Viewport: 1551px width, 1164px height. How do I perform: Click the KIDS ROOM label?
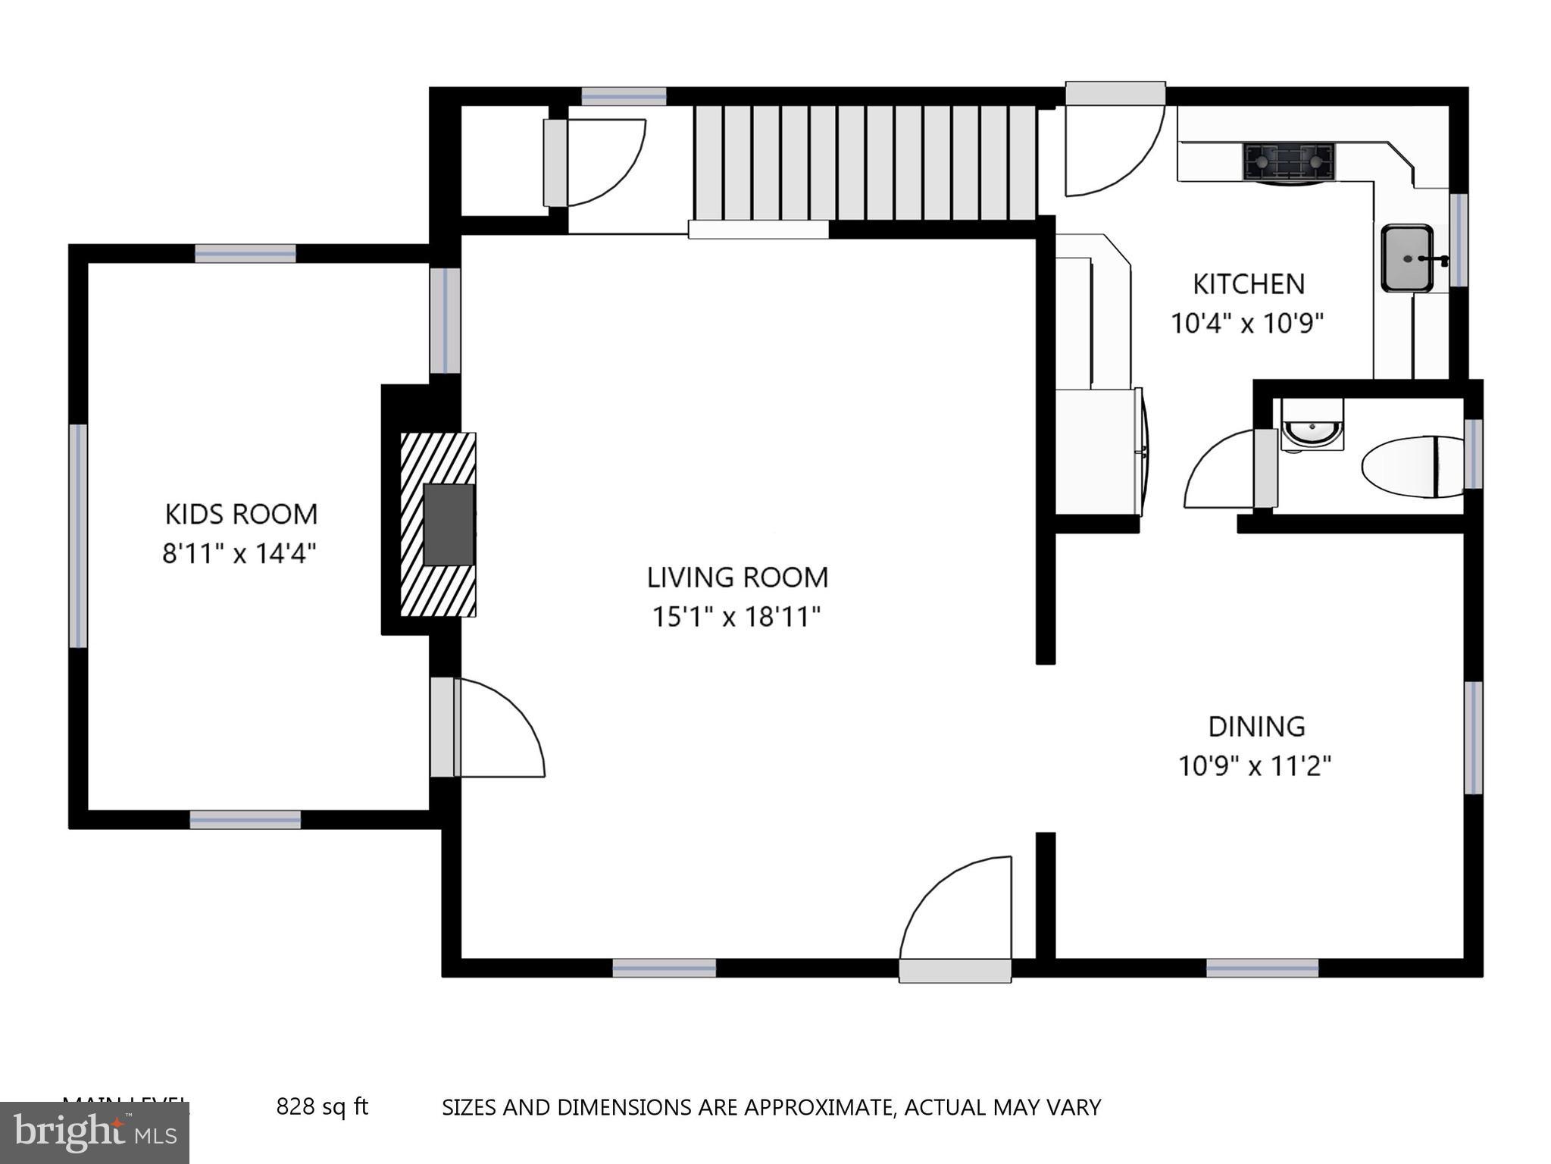click(x=241, y=514)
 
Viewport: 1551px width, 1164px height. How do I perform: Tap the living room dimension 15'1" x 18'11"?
click(x=736, y=617)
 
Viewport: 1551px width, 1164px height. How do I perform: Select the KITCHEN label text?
click(x=1248, y=284)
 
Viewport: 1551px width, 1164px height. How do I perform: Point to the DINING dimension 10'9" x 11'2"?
click(x=1255, y=766)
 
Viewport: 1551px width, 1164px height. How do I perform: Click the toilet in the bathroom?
click(x=1411, y=467)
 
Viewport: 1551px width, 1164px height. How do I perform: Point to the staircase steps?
click(x=864, y=163)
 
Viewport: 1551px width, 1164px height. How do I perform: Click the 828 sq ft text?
click(x=322, y=1107)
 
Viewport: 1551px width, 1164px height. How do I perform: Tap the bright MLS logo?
click(x=95, y=1132)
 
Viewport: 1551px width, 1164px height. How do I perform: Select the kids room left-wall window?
click(x=78, y=535)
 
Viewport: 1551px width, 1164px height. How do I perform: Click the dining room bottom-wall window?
click(x=1262, y=968)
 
